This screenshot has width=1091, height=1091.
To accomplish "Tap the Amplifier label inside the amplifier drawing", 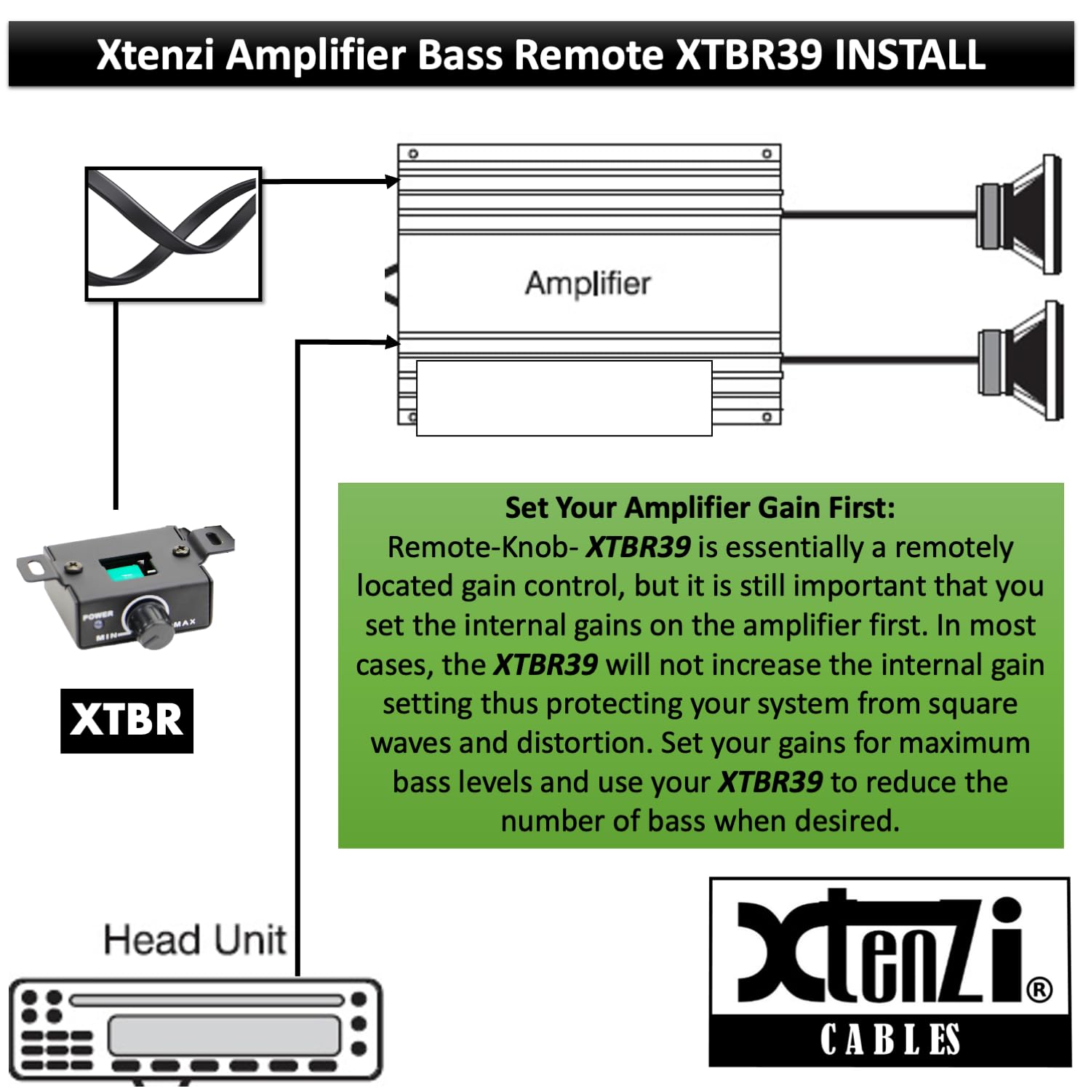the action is pyautogui.click(x=588, y=283).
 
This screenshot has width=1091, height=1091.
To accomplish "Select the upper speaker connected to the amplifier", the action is pyautogui.click(x=1019, y=215).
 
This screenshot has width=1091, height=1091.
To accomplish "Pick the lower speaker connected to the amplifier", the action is pyautogui.click(x=1019, y=360).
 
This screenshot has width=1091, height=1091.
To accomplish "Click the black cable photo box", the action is pyautogui.click(x=173, y=233).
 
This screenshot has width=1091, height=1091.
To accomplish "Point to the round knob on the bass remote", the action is pyautogui.click(x=149, y=620).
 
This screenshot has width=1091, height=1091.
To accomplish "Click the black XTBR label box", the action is pyautogui.click(x=127, y=720).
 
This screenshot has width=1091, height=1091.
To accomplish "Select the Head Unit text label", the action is pyautogui.click(x=195, y=940).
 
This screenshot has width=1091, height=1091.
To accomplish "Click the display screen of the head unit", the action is pyautogui.click(x=224, y=1034).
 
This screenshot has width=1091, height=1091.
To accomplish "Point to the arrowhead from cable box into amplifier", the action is pyautogui.click(x=393, y=181).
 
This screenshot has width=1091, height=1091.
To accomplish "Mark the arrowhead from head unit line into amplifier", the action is pyautogui.click(x=393, y=342).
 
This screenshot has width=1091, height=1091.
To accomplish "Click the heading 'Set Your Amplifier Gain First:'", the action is pyautogui.click(x=700, y=508).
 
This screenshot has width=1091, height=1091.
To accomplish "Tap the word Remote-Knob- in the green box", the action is pyautogui.click(x=482, y=547).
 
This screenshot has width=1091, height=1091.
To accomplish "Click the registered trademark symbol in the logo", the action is pyautogui.click(x=1039, y=989).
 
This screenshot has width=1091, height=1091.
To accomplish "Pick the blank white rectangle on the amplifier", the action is pyautogui.click(x=564, y=398).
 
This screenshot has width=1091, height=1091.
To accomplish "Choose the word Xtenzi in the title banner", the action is pyautogui.click(x=155, y=55).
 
